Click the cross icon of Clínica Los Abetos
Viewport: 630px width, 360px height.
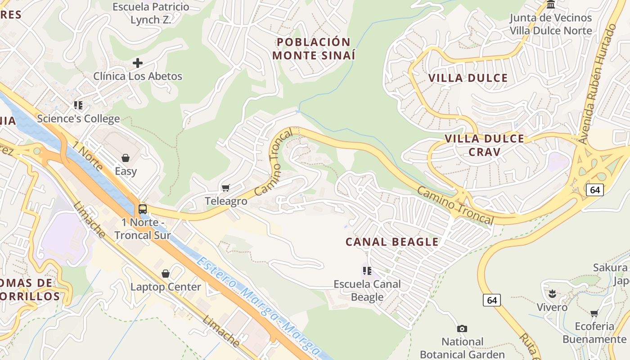[138, 63]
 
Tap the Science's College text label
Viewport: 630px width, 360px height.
[78, 119]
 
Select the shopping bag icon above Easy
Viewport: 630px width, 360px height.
[126, 158]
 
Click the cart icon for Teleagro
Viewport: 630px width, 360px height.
[226, 188]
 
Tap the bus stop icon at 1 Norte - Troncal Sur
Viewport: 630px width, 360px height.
[143, 209]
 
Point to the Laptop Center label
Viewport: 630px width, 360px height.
[166, 287]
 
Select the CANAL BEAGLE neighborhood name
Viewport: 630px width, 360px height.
[392, 242]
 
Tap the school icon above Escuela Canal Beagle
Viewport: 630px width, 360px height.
[367, 271]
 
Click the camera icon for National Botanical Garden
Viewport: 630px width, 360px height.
[462, 329]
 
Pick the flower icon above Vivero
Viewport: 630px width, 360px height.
[552, 294]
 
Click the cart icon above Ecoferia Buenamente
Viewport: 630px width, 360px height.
[594, 313]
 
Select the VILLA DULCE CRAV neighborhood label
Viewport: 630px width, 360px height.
[484, 145]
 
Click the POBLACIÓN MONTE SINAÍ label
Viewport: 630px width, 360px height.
[314, 49]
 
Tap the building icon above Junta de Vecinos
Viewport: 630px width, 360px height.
[551, 5]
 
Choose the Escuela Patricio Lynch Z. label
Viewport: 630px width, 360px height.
[151, 13]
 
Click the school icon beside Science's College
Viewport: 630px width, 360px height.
[78, 105]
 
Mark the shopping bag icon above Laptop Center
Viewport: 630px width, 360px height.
[166, 274]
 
